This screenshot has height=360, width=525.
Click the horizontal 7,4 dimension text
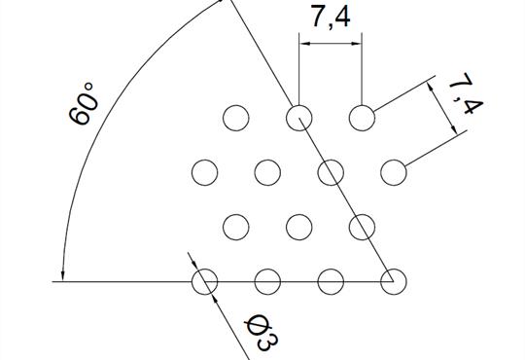tap(330, 18)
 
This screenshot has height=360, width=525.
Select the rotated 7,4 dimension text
tap(463, 97)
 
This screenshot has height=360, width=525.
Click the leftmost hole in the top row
tap(236, 119)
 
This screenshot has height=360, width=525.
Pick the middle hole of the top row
tap(299, 119)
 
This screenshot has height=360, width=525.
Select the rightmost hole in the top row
tap(363, 119)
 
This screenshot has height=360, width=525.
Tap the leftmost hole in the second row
tap(204, 173)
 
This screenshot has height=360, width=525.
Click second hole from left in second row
tap(267, 173)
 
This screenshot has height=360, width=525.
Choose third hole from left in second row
tap(331, 173)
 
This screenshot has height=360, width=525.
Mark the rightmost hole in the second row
tap(394, 173)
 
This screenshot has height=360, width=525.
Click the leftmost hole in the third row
tap(236, 228)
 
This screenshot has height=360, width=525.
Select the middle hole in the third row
tap(299, 228)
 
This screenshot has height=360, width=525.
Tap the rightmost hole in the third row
tap(363, 228)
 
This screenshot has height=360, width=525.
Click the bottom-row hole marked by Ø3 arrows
tap(204, 282)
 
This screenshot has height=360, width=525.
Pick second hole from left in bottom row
tap(267, 282)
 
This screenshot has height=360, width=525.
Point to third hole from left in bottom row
tap(331, 282)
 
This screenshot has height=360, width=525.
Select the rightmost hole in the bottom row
tap(394, 282)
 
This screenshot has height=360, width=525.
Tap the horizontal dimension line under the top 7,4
tap(331, 43)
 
